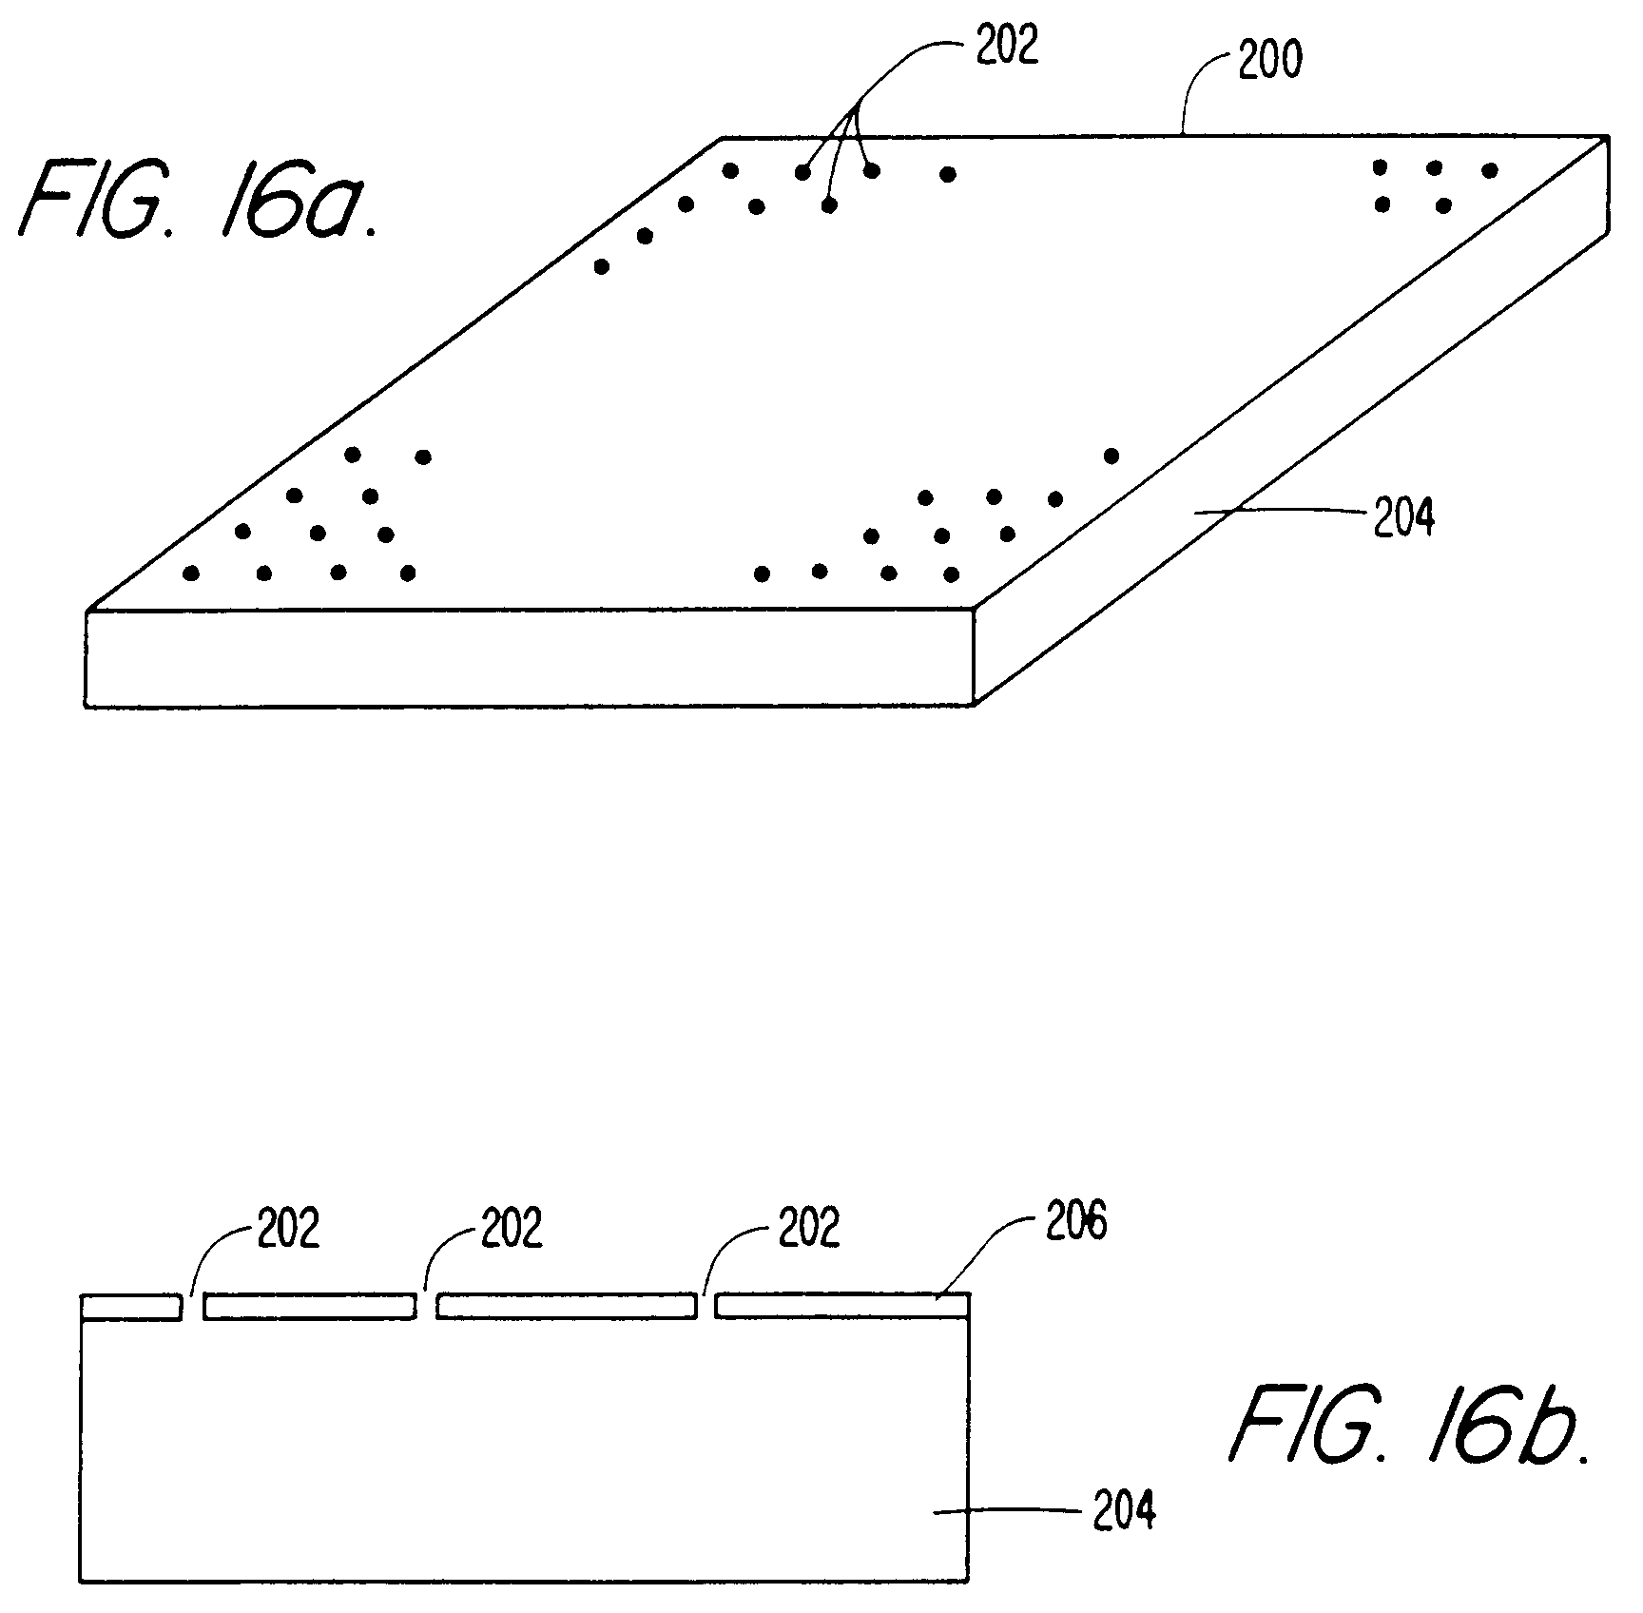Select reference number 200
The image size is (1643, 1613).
coord(1269,62)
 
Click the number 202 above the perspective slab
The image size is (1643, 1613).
coord(1008,46)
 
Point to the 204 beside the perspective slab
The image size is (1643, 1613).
coord(1403,519)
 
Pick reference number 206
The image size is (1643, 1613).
coord(1076,1222)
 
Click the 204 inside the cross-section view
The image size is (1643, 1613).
coord(1124,1511)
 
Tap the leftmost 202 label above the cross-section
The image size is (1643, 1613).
coord(289,1228)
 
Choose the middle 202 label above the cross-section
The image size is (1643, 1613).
coord(512,1228)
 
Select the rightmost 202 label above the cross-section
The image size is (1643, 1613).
coord(809,1228)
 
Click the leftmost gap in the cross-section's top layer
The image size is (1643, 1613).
coord(192,1307)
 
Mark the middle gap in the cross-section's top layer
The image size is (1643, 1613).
coord(426,1307)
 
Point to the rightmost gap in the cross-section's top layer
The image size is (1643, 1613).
coord(705,1307)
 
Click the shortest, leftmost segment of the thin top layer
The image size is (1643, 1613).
coord(130,1307)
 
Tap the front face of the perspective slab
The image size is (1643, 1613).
coord(529,657)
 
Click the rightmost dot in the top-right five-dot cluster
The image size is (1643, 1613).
coord(1490,170)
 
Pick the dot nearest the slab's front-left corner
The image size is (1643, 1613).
coord(191,573)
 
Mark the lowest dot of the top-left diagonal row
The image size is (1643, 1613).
coord(601,267)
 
